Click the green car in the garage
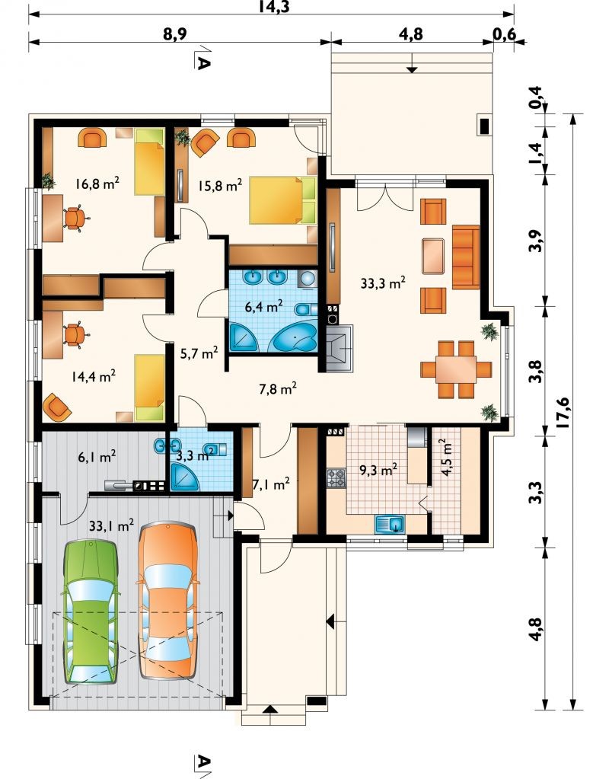click(x=91, y=612)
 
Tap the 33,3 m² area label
click(x=383, y=283)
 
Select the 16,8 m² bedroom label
click(x=97, y=184)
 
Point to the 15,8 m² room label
click(x=220, y=186)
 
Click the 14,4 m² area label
click(x=94, y=376)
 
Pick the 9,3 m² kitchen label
click(x=378, y=469)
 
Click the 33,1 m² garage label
click(x=111, y=525)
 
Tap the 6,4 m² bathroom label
click(x=264, y=307)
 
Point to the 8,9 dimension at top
click(x=179, y=34)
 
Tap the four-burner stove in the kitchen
click(x=336, y=478)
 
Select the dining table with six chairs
click(x=456, y=369)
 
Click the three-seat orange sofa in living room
click(x=466, y=257)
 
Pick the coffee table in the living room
click(x=433, y=257)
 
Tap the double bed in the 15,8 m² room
click(x=282, y=200)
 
